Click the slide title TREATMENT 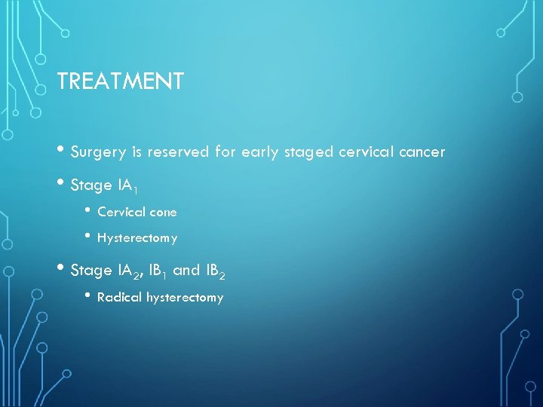120,81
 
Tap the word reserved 179,152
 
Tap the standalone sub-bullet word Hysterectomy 137,238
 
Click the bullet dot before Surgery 62,151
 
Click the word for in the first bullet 225,152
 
